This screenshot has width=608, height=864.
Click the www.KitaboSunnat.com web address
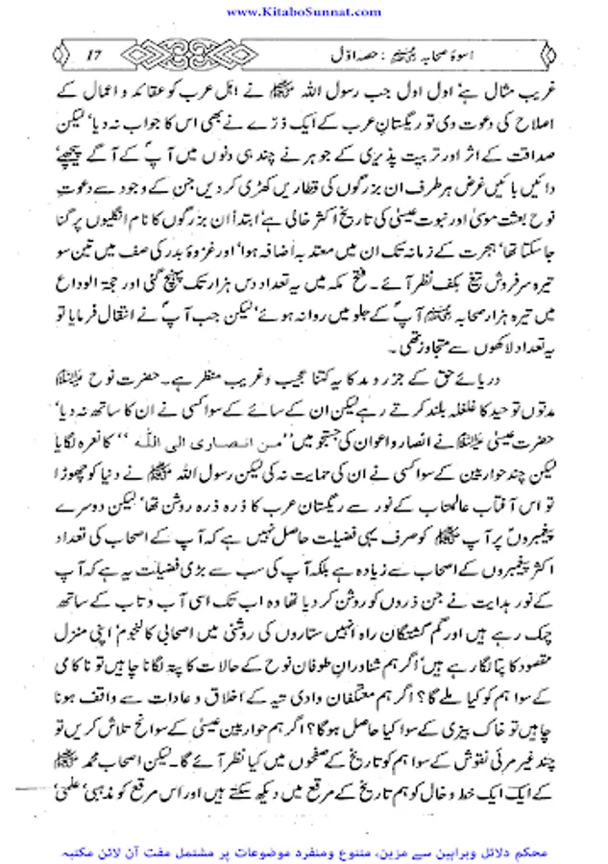point(303,10)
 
